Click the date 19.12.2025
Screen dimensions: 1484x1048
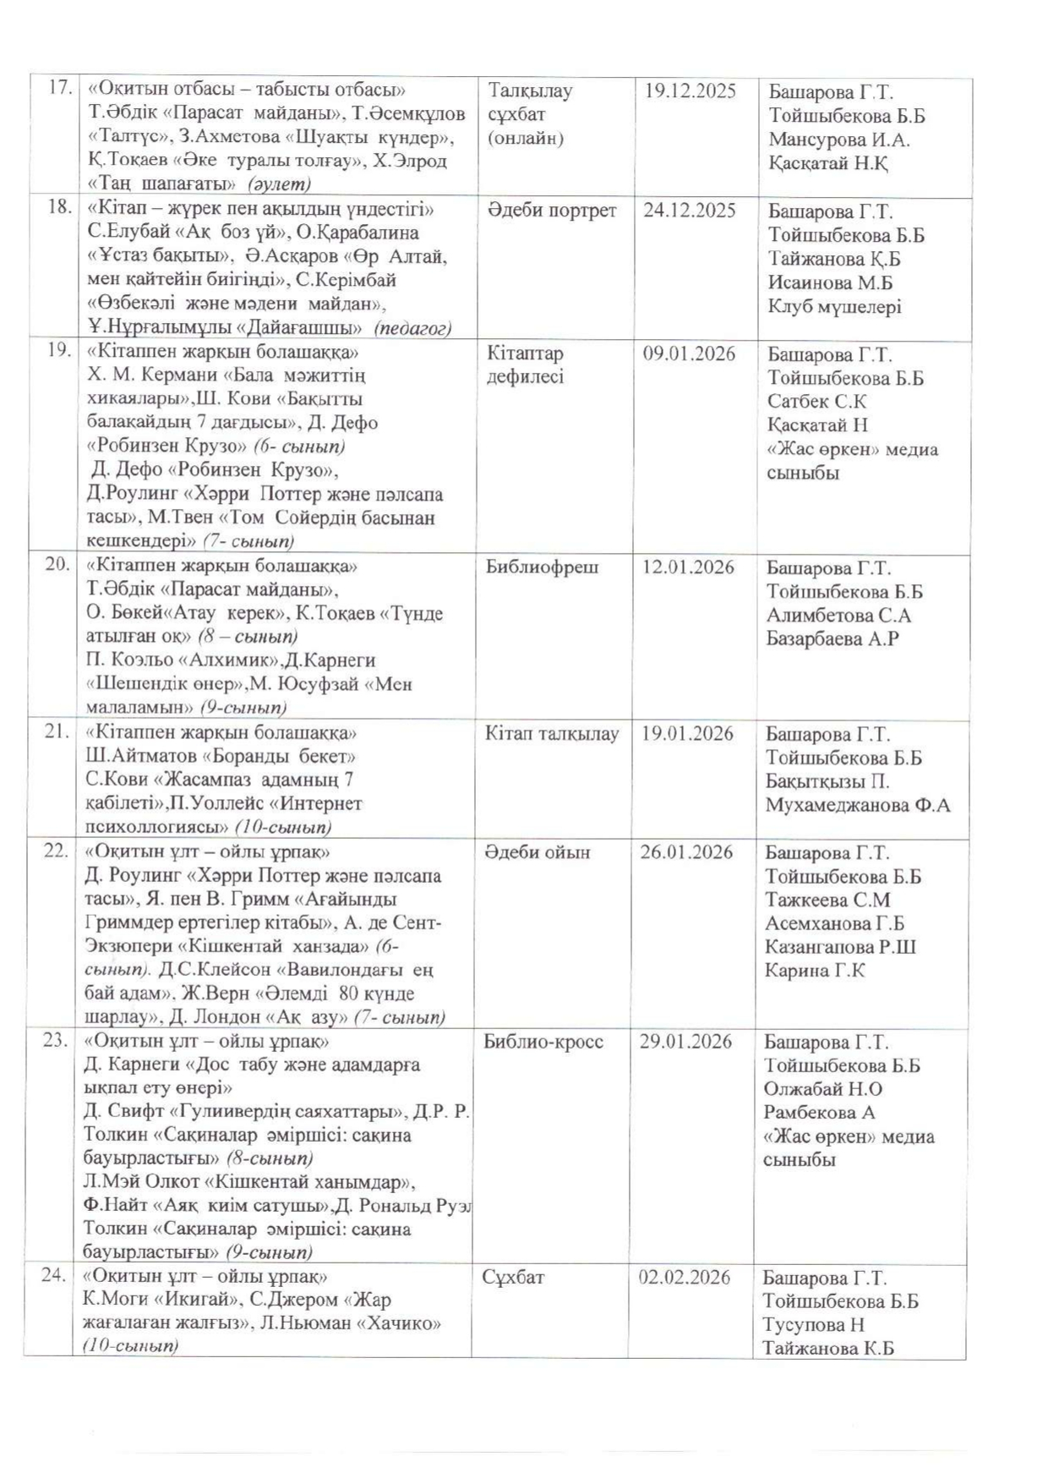(690, 91)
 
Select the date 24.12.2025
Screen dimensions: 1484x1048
(689, 211)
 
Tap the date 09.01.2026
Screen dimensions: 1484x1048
(689, 353)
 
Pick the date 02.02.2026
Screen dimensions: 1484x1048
(685, 1277)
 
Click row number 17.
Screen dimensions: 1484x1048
(58, 88)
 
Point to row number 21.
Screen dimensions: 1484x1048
(56, 732)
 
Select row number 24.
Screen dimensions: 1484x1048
(53, 1275)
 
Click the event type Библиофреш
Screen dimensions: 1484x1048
(542, 567)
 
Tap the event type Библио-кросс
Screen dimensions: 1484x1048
(543, 1042)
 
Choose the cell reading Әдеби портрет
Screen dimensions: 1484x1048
(552, 211)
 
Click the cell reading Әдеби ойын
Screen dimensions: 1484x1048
(538, 852)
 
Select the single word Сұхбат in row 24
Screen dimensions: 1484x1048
(513, 1277)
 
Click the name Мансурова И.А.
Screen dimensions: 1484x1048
(838, 140)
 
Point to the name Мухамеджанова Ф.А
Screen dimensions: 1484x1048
(857, 805)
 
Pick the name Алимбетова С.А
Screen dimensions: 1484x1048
(838, 615)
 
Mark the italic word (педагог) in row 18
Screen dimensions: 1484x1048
(412, 328)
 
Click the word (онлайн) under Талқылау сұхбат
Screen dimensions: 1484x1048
(525, 138)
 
